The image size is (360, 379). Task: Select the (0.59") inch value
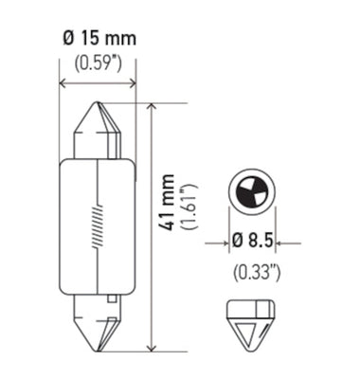(98, 65)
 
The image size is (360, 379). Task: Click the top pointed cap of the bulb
(99, 127)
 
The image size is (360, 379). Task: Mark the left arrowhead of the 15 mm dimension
(63, 84)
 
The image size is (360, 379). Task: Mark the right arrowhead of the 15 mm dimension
(133, 84)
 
